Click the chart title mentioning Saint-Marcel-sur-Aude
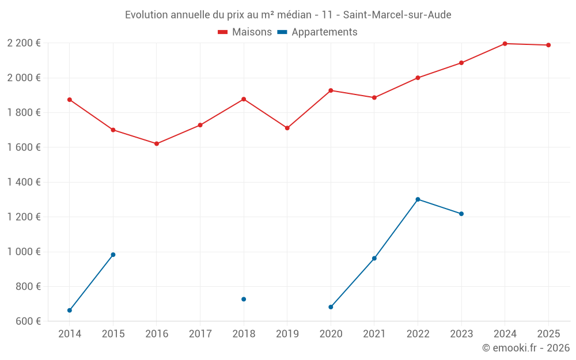288,14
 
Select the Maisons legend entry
245,32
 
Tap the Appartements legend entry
317,32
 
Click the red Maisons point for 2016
157,143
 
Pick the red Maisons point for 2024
505,44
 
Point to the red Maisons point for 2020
331,90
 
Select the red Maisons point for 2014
70,100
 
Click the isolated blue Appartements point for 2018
244,299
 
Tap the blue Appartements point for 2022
418,199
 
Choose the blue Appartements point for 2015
113,255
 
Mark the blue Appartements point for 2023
461,214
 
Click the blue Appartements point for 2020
331,307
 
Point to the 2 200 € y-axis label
24,43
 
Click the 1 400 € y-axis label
24,182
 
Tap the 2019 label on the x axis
287,334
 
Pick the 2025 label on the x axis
548,334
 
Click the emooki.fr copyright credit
525,348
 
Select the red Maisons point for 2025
548,45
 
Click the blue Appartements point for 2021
374,258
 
